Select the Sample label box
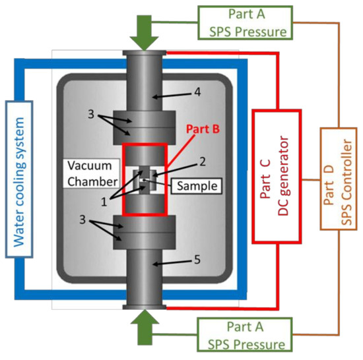[197, 186]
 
